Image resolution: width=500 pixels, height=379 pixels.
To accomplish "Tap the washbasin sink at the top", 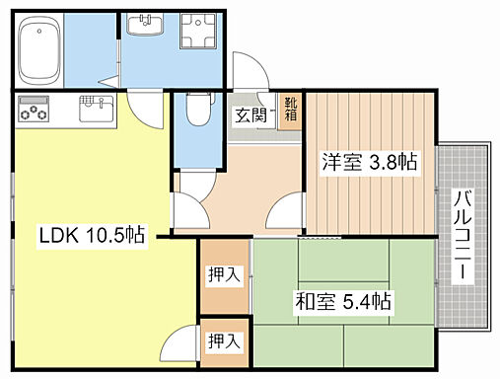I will pyautogui.click(x=148, y=26).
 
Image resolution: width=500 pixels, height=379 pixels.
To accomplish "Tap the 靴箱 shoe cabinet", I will pyautogui.click(x=292, y=109).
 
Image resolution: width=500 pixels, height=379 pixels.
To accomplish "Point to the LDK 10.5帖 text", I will pyautogui.click(x=92, y=236).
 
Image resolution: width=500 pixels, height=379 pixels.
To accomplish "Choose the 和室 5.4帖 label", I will pyautogui.click(x=344, y=299).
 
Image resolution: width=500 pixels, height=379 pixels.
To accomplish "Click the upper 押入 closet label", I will pyautogui.click(x=223, y=275).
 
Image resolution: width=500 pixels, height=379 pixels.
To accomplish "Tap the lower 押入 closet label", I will pyautogui.click(x=223, y=341).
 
